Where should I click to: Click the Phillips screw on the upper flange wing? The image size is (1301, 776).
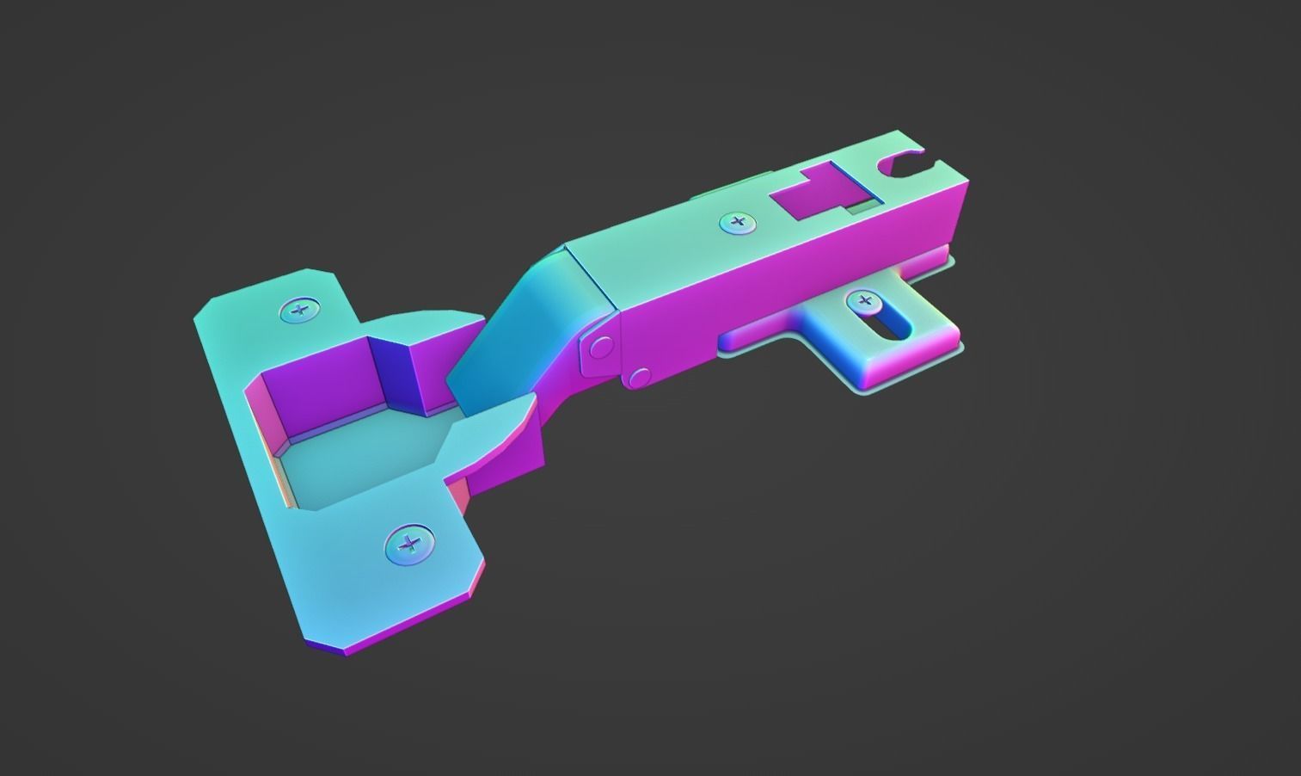pyautogui.click(x=299, y=311)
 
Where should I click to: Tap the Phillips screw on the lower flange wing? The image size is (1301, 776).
pyautogui.click(x=409, y=544)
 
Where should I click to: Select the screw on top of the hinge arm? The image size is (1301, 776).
pyautogui.click(x=737, y=223)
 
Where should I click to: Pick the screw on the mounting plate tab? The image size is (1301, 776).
pyautogui.click(x=864, y=301)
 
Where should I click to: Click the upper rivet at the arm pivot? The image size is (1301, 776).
pyautogui.click(x=600, y=347)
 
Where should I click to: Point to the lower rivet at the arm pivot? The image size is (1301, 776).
pyautogui.click(x=638, y=378)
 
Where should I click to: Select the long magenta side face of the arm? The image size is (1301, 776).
pyautogui.click(x=774, y=293)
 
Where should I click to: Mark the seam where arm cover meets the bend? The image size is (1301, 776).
pyautogui.click(x=593, y=280)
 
